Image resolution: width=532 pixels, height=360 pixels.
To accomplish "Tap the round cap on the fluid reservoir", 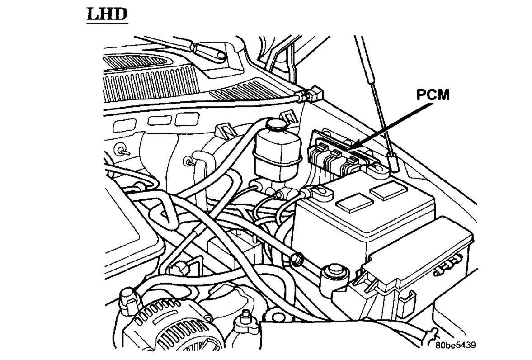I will pyautogui.click(x=275, y=125).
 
